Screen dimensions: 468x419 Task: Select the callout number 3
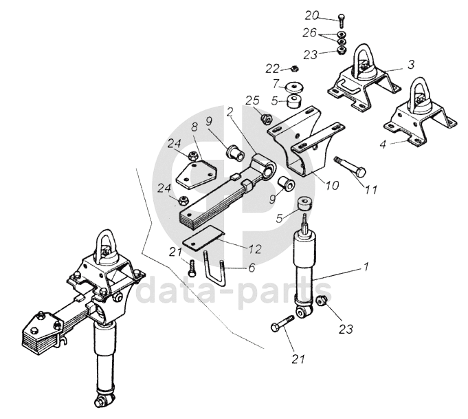click(410, 64)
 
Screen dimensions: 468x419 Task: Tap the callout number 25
click(252, 100)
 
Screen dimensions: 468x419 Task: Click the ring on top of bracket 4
click(421, 95)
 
